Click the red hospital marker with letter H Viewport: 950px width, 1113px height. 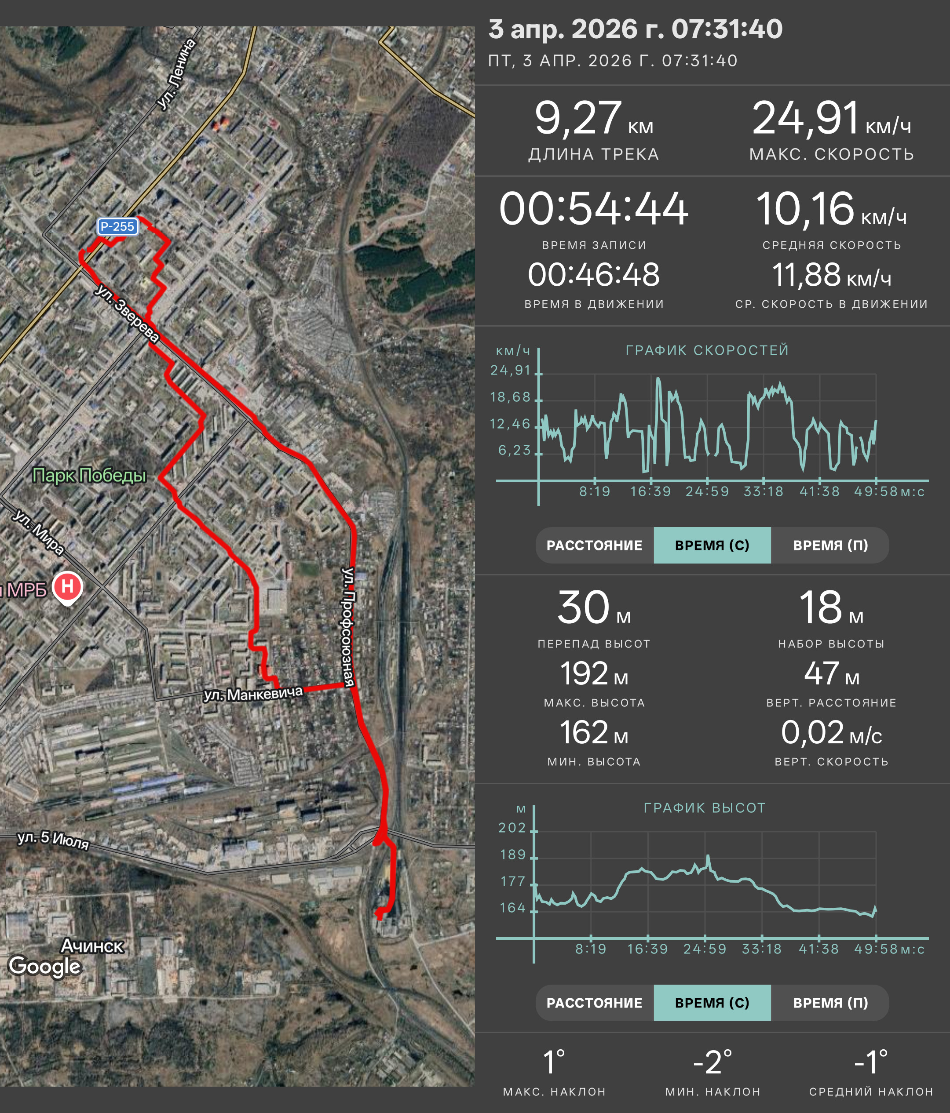pos(67,588)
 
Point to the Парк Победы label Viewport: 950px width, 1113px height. pos(89,475)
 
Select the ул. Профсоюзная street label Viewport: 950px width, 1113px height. pos(349,627)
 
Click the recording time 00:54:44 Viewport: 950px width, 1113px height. pos(594,208)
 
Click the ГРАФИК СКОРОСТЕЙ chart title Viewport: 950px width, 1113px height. pos(707,350)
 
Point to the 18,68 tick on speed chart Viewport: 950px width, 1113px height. pos(511,397)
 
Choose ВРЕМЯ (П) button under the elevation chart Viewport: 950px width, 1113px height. pos(830,1003)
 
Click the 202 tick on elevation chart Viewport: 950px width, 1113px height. pos(512,828)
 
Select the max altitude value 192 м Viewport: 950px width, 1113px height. pos(594,673)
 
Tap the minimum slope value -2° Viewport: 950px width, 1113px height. pos(712,1062)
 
